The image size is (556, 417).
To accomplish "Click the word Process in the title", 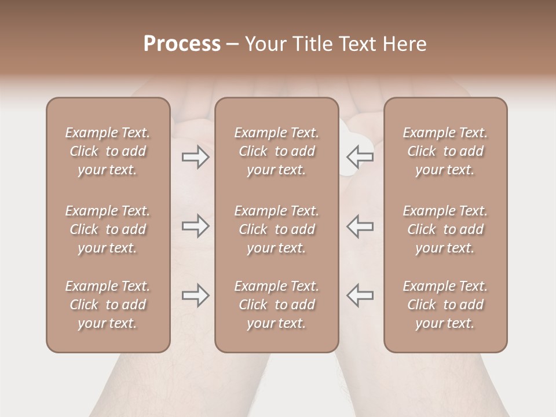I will (182, 44).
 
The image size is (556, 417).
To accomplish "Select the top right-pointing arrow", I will (196, 157).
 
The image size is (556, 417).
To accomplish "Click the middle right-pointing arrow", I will (196, 226).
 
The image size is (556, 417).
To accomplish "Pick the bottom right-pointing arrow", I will (196, 295).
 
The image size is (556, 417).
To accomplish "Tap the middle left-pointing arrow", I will (360, 226).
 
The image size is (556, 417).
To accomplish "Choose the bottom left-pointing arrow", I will (360, 295).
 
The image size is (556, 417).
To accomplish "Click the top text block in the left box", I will (108, 151).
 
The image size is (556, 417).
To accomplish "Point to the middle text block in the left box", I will (108, 229).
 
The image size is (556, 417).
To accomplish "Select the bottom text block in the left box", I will (108, 305).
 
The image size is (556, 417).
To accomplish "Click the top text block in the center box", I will (276, 151).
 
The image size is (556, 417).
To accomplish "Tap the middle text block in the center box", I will (276, 229).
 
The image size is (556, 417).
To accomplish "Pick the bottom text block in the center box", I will (276, 305).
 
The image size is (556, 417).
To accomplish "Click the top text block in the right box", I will (445, 151).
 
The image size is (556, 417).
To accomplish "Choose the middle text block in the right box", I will (445, 229).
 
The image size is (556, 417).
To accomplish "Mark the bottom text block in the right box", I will (445, 305).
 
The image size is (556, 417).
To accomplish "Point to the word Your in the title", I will (265, 44).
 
